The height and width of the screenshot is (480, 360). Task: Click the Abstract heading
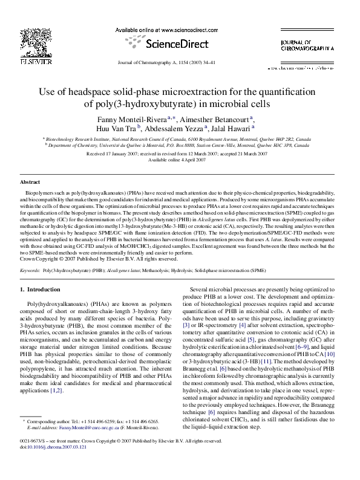[30, 182]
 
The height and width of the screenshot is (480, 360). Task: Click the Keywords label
[31, 271]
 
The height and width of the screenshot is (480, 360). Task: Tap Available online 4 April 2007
[179, 160]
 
